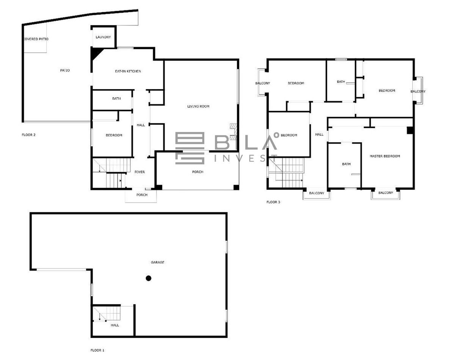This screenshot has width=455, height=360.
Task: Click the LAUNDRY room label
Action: coord(103,37)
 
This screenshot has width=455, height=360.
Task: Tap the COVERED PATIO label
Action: coord(36,39)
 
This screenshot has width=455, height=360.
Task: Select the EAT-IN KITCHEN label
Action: coord(128,71)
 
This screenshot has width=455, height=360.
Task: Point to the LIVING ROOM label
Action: coord(198,106)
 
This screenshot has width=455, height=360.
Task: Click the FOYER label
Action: coord(140,172)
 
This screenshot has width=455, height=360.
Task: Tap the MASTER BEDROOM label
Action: coord(385,156)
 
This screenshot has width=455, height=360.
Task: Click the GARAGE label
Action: coord(157,263)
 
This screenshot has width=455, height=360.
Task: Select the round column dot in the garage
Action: coord(148,278)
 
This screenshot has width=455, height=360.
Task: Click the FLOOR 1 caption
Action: coord(97,350)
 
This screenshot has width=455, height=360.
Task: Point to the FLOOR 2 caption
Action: coord(28,135)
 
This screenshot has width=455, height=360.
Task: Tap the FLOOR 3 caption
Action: coord(273,202)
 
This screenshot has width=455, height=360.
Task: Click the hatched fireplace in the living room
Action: coord(233,132)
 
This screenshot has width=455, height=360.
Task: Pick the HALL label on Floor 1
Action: coord(115,325)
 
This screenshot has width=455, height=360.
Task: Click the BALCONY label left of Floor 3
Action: coord(263,83)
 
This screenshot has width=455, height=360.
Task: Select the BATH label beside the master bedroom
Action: coord(346,164)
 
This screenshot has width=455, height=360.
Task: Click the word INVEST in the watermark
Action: coord(246,158)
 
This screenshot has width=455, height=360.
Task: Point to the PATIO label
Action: coord(65,71)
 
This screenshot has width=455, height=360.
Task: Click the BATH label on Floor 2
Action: coord(116,99)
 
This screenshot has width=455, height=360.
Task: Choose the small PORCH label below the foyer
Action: coord(142,195)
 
